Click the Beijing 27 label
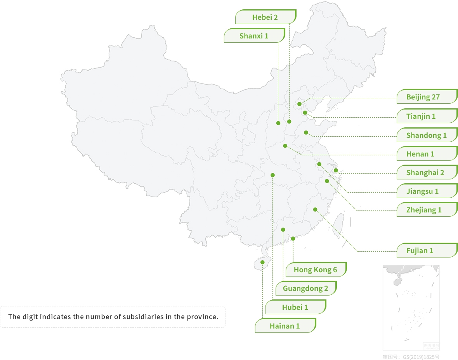click(x=423, y=97)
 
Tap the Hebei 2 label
click(x=265, y=17)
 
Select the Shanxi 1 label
click(x=254, y=36)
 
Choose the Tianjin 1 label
click(x=421, y=116)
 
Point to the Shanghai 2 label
click(x=425, y=173)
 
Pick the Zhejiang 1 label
click(x=424, y=210)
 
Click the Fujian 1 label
click(x=420, y=250)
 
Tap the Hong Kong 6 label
click(x=315, y=270)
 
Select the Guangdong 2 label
click(x=305, y=289)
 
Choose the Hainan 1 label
click(x=285, y=326)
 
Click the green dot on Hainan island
click(x=262, y=263)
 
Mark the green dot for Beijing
click(x=299, y=104)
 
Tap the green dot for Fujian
click(x=315, y=210)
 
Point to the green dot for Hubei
click(x=272, y=175)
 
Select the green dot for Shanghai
click(x=336, y=170)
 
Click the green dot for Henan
click(x=285, y=146)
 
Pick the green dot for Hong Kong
click(x=293, y=239)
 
